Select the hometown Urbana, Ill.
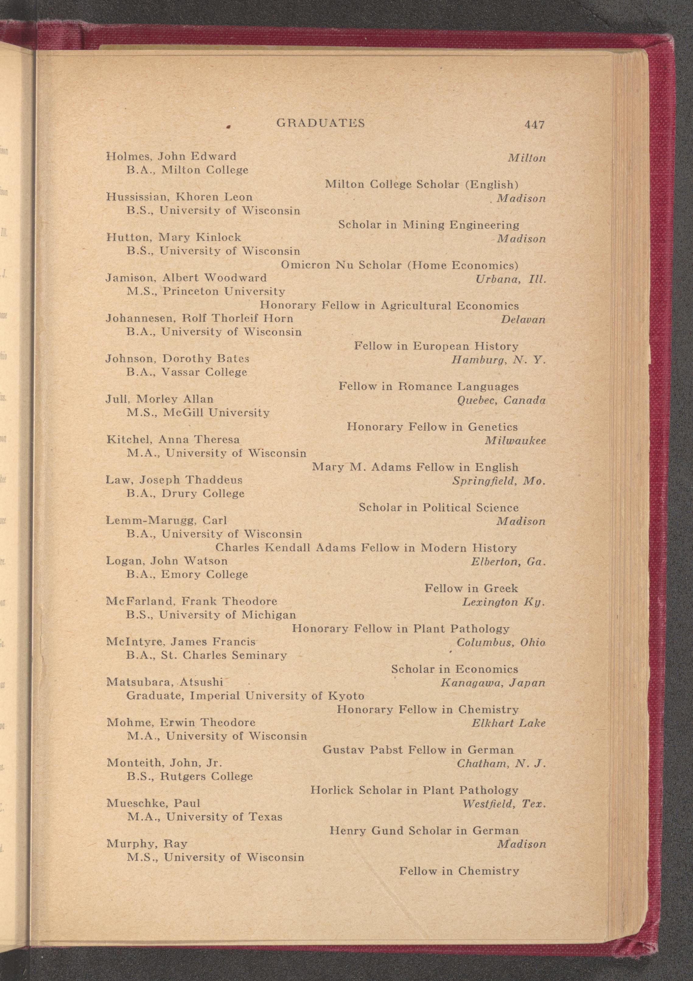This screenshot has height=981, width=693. (511, 279)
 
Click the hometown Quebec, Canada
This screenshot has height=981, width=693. (501, 400)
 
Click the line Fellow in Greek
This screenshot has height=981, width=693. (471, 588)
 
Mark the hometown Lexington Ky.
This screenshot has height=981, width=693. (503, 602)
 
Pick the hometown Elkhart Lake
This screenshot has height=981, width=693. (509, 723)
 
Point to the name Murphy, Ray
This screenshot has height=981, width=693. (147, 843)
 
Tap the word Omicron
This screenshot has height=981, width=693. (305, 265)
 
